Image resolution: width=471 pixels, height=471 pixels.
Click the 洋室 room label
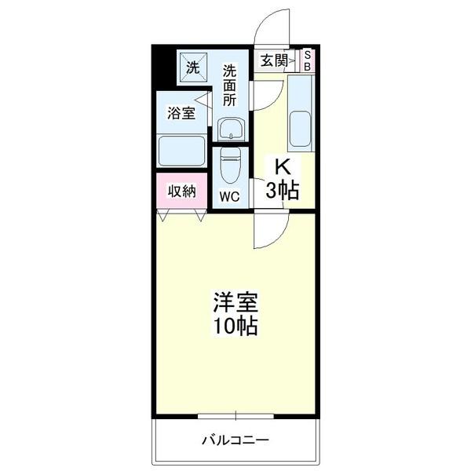point(235,301)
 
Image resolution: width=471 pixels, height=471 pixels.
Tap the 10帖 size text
point(235,326)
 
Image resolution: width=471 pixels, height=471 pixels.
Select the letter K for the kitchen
point(283,166)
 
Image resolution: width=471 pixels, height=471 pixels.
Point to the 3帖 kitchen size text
point(283,190)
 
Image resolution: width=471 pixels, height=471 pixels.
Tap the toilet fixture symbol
point(230,164)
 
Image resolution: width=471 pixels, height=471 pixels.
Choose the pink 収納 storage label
point(181,192)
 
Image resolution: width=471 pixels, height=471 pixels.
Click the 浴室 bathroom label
point(181,113)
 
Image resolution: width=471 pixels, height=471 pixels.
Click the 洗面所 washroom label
point(229,84)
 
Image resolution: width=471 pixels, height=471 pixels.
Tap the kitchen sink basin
point(301,129)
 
